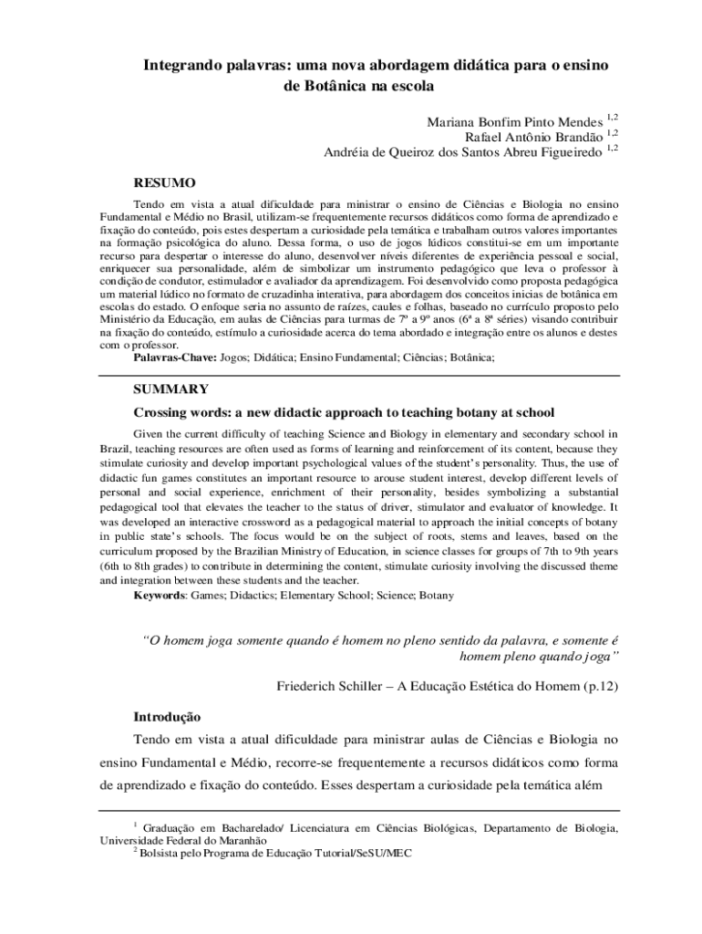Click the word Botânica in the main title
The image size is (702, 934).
tap(324, 87)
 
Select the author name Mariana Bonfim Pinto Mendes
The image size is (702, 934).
tap(515, 122)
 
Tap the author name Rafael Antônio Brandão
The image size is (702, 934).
tap(534, 137)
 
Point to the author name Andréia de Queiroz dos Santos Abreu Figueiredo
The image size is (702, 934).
tap(463, 152)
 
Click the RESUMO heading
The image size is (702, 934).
tap(165, 183)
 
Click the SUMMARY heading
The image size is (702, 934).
tap(171, 389)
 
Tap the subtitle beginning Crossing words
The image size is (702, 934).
tap(345, 412)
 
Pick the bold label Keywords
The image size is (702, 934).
tap(160, 595)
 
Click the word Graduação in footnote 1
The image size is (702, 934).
tap(175, 828)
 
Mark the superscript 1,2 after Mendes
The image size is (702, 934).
tap(613, 118)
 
